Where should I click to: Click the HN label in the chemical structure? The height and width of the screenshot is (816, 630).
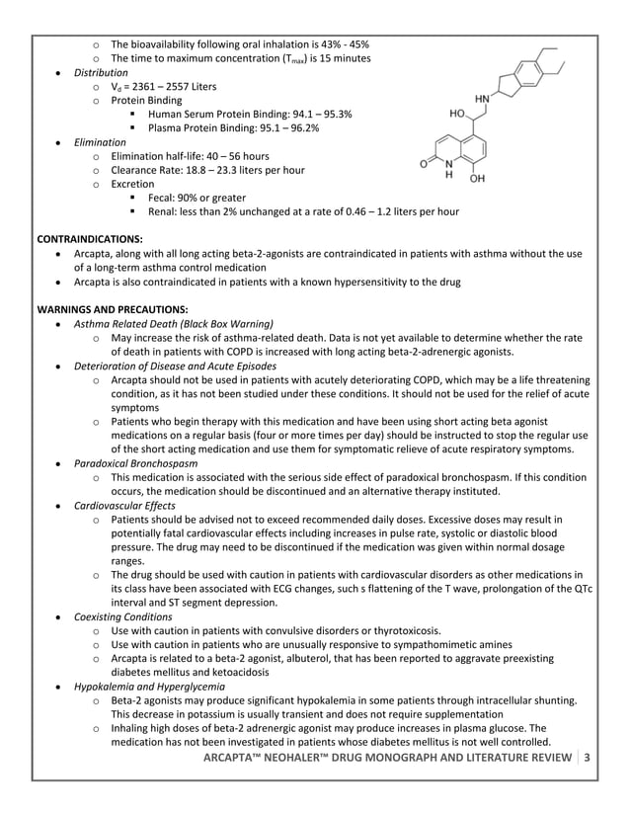[x=483, y=100]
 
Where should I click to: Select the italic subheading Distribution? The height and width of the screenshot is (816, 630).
[x=101, y=73]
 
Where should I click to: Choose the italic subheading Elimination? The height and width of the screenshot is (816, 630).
[x=100, y=142]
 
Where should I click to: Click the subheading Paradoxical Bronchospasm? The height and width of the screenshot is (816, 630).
[x=135, y=462]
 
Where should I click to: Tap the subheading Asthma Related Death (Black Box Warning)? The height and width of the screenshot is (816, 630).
[x=174, y=323]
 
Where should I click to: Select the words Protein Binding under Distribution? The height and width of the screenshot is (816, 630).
[x=146, y=101]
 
